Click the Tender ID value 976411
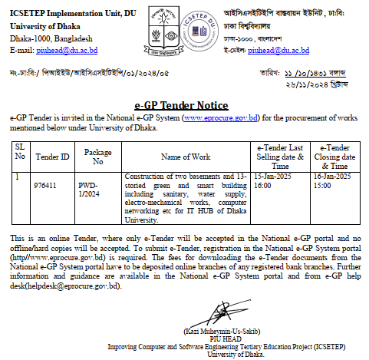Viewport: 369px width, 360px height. (x=45, y=185)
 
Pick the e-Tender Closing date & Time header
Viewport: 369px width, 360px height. (x=334, y=157)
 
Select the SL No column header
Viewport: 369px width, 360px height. (x=19, y=152)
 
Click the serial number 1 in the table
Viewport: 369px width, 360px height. (x=16, y=177)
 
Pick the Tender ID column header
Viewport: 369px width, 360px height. (x=54, y=157)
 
